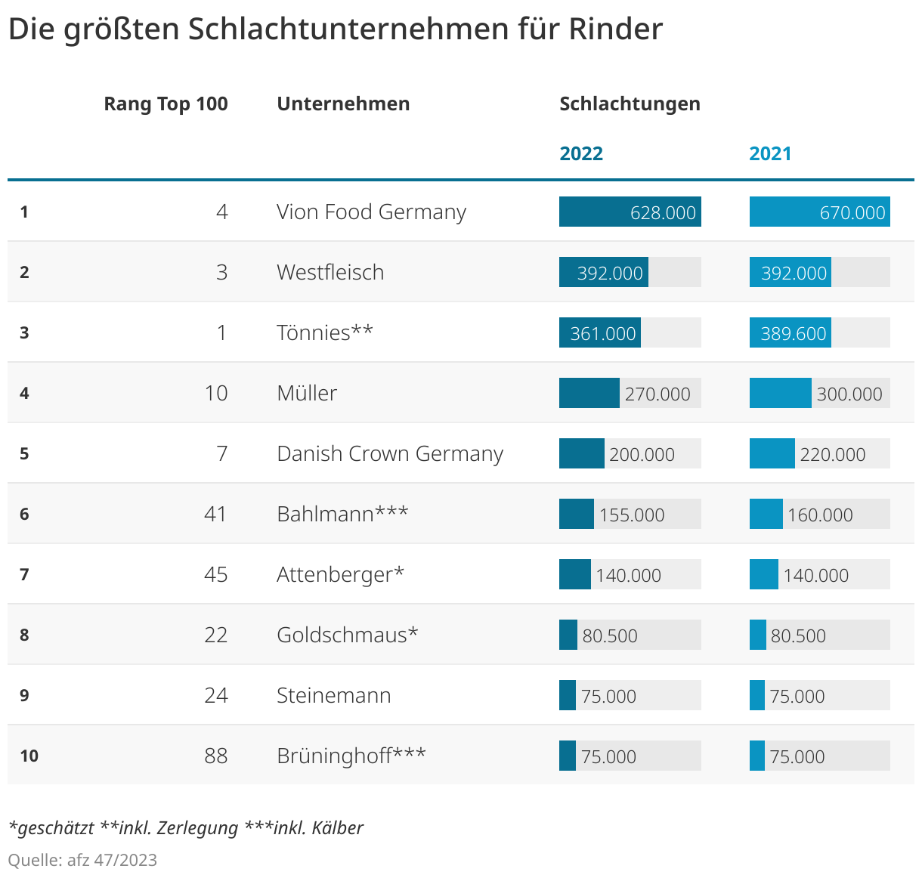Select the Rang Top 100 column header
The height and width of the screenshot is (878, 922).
pos(166,104)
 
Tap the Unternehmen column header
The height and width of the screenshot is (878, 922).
pos(343,104)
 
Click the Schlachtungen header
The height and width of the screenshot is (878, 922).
pos(630,104)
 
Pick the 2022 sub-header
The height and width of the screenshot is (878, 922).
pos(581,153)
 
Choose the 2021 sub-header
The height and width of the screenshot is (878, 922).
pos(770,153)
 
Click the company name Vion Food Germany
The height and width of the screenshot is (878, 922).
pos(371,212)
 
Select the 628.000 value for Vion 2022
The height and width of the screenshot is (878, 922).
pos(663,212)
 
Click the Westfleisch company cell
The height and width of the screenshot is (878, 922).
pos(330,272)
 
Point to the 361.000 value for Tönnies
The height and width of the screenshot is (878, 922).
pos(603,333)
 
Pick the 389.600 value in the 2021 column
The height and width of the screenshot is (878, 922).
pos(794,333)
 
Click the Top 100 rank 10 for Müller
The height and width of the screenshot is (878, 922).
pos(216,393)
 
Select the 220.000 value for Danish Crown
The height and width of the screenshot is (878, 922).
pos(833,454)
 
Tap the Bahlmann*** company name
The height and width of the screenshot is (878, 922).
pos(342,514)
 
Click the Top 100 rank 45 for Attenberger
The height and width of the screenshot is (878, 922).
pos(216,574)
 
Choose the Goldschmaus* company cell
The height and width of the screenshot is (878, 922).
pos(347,635)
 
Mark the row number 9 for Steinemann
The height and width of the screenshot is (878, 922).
pos(24,695)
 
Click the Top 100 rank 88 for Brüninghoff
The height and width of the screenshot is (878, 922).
pos(216,756)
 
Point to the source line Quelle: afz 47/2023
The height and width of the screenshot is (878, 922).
pos(82,860)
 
